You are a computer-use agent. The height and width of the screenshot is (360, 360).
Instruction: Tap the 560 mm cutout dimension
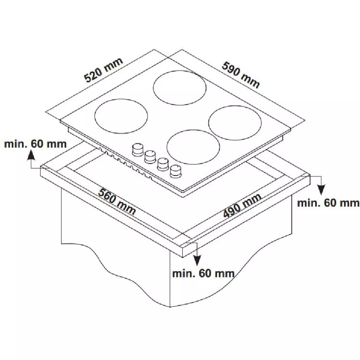117,202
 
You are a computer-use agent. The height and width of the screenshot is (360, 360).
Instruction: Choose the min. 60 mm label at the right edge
328,203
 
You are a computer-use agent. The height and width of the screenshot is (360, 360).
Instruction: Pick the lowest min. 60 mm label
203,273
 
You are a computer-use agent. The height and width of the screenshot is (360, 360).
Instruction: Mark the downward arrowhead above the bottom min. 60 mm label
197,260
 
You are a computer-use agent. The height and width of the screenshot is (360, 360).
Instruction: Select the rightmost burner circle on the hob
235,121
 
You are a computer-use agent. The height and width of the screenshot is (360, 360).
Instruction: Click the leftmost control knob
137,149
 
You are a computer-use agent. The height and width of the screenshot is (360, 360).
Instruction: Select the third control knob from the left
162,164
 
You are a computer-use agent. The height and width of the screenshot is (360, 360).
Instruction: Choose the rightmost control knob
175,172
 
